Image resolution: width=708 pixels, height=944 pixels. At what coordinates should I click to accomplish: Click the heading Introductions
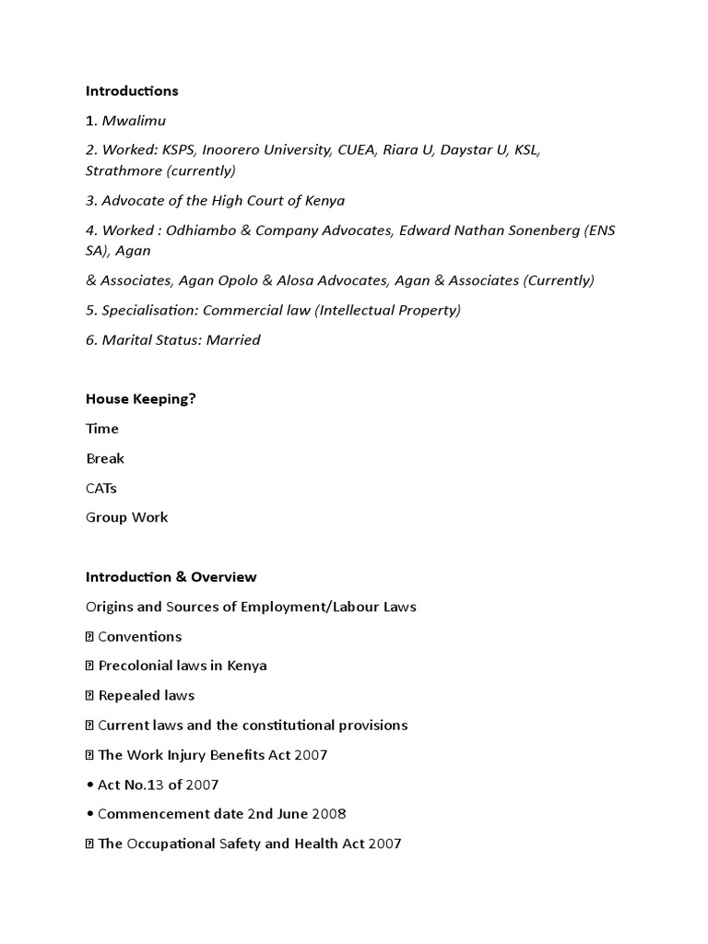pyautogui.click(x=132, y=91)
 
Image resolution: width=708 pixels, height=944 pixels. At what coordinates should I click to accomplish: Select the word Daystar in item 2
pyautogui.click(x=468, y=149)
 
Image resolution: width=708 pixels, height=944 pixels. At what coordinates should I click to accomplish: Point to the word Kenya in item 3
pyautogui.click(x=324, y=200)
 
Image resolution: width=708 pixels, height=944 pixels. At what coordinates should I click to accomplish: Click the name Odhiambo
pyautogui.click(x=201, y=230)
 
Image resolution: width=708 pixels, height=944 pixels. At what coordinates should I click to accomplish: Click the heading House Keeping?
pyautogui.click(x=140, y=399)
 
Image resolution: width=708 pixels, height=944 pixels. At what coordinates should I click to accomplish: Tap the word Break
pyautogui.click(x=104, y=458)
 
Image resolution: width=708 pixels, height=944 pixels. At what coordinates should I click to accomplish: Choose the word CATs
pyautogui.click(x=101, y=488)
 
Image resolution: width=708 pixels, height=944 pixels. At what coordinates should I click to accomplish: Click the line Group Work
pyautogui.click(x=127, y=517)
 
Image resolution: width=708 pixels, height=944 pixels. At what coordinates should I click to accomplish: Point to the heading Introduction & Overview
pyautogui.click(x=171, y=577)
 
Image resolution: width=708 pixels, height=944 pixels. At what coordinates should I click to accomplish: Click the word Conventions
pyautogui.click(x=140, y=637)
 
